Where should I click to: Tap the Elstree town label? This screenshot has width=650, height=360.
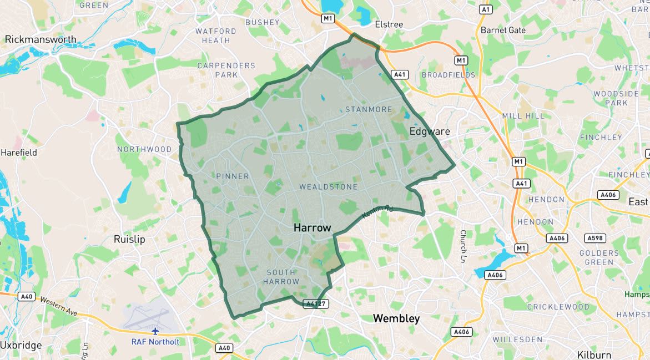pyautogui.click(x=389, y=24)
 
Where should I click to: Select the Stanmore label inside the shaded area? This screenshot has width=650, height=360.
pyautogui.click(x=369, y=109)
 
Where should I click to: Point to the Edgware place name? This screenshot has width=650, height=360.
pyautogui.click(x=430, y=131)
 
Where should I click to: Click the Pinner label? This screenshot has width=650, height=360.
pyautogui.click(x=233, y=176)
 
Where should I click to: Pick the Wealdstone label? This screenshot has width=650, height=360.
pyautogui.click(x=329, y=187)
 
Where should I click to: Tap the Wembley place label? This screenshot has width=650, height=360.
pyautogui.click(x=396, y=318)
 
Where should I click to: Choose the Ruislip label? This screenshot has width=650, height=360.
pyautogui.click(x=129, y=240)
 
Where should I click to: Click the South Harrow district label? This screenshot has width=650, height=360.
pyautogui.click(x=283, y=277)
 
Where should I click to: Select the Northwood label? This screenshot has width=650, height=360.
pyautogui.click(x=144, y=149)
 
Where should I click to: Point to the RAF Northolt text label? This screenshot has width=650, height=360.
pyautogui.click(x=155, y=342)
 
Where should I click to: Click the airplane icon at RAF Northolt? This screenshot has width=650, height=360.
pyautogui.click(x=155, y=331)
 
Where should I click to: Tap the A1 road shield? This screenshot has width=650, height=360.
pyautogui.click(x=486, y=9)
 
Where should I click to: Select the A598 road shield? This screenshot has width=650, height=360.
pyautogui.click(x=595, y=238)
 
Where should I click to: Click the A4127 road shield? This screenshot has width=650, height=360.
pyautogui.click(x=316, y=303)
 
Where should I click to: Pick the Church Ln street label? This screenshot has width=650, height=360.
pyautogui.click(x=462, y=246)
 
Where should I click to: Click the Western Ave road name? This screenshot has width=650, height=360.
pyautogui.click(x=58, y=306)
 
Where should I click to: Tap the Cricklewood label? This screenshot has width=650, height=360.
pyautogui.click(x=558, y=307)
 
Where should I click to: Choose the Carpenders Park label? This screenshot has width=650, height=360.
pyautogui.click(x=226, y=70)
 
